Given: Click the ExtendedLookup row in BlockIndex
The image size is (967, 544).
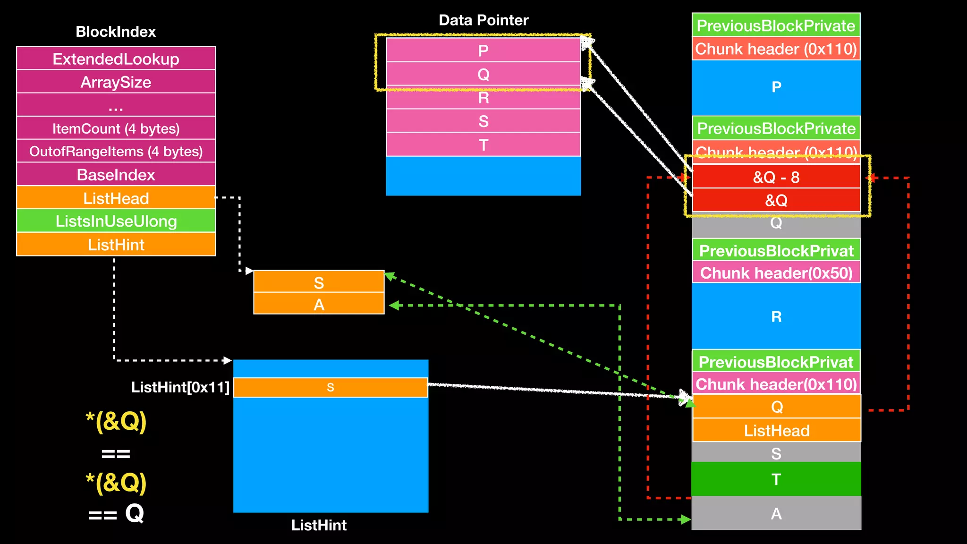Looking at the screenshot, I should [x=116, y=59].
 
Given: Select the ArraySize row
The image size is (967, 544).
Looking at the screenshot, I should [x=116, y=82].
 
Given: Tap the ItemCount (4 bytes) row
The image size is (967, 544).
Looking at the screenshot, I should [x=116, y=128].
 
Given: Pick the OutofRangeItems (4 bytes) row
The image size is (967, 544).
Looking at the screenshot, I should [x=116, y=151].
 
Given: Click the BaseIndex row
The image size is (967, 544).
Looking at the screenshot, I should [x=116, y=175].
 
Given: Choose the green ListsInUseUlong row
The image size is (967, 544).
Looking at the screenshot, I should [x=116, y=221].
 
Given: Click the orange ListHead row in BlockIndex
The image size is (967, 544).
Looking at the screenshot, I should [x=116, y=198].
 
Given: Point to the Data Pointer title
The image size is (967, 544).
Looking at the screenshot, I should [x=483, y=20].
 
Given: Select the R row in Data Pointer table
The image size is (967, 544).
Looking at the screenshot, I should [x=483, y=98].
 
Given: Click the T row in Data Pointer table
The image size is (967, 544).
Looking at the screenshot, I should [x=483, y=144].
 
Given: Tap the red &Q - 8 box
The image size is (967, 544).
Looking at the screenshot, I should [x=776, y=177].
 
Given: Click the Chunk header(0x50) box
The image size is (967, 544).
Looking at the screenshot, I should [x=776, y=273].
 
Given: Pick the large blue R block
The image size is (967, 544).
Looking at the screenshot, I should [x=776, y=316].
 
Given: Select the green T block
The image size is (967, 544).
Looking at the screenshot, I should [x=776, y=479].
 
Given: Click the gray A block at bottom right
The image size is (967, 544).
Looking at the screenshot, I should [x=776, y=513].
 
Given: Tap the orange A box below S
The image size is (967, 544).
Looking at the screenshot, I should [x=319, y=304].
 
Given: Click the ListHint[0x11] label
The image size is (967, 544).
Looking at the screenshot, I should [x=180, y=387].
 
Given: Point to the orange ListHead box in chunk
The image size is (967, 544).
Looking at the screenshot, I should [x=776, y=430].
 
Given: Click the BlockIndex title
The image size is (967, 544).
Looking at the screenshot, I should [x=116, y=32].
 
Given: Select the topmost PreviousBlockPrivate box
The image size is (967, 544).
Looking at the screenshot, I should [x=776, y=25].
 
